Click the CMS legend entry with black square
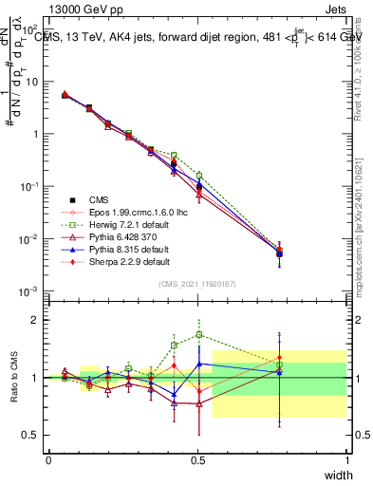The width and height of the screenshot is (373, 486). pos(100,199)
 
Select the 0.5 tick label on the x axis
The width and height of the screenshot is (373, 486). pos(197,460)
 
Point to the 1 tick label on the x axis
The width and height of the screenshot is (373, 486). pos(346,460)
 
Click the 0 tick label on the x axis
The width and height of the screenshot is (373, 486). pos(48,460)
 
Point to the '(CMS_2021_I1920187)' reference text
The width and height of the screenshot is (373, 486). pos(197,284)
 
